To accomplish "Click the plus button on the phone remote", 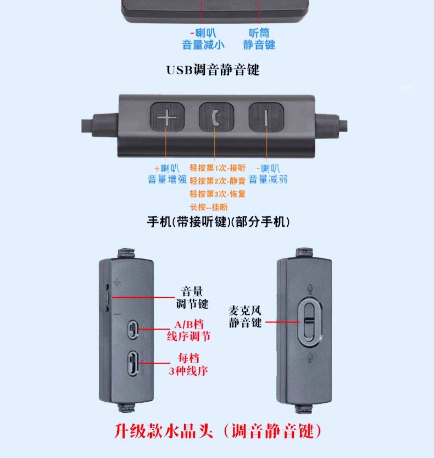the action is (167, 117).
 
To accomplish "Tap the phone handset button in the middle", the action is (216, 117).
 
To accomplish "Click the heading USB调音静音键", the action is (213, 70).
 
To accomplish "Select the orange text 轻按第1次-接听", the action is (218, 168).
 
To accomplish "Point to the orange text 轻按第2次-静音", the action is (218, 181).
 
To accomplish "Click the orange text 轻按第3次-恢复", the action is (218, 194).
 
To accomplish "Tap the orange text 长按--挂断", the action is (209, 207).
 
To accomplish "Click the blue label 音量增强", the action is (167, 179).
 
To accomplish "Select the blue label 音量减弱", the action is (268, 179).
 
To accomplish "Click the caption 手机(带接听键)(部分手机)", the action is (218, 222).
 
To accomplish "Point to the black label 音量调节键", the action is (192, 298).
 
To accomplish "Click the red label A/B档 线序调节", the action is (189, 331).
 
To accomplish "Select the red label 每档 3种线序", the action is (188, 364).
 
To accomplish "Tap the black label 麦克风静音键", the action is (245, 317).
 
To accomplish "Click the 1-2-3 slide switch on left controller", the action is (133, 363).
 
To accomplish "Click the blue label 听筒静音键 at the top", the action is (259, 39).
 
